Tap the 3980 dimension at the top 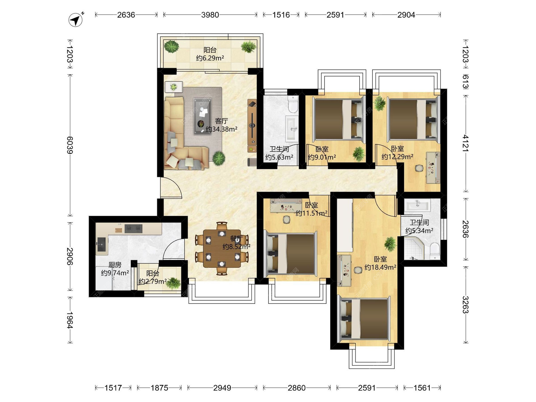click(210, 15)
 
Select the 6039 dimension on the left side click(70, 145)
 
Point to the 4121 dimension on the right click(465, 143)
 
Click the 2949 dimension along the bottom click(222, 388)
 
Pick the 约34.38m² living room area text click(221, 129)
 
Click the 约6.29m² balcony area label click(210, 58)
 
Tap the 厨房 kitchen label click(115, 265)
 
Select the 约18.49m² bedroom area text click(381, 267)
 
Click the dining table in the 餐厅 click(222, 248)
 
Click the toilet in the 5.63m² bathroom click(293, 104)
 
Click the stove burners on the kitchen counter click(133, 229)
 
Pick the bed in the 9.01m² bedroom click(339, 119)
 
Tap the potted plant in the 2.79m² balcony click(173, 283)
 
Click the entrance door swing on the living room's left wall click(171, 187)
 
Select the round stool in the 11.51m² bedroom click(286, 220)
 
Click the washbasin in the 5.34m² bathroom click(417, 205)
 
